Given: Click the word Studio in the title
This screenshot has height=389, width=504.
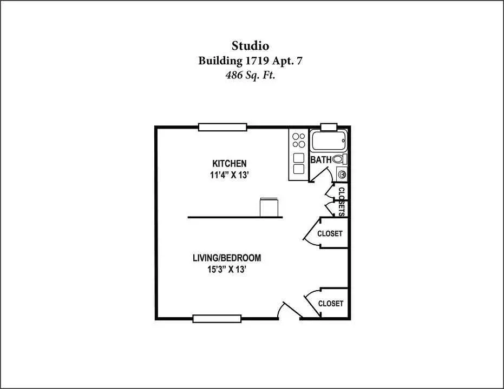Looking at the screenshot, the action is (250, 46).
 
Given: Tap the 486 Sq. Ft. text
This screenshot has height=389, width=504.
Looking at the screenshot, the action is (250, 75).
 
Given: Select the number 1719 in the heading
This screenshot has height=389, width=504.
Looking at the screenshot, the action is (257, 61).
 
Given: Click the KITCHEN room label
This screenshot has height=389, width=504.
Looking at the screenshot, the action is (229, 164).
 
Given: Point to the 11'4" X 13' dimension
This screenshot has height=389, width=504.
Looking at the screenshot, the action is (230, 175).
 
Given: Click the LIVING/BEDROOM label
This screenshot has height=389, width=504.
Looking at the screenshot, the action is (227, 258).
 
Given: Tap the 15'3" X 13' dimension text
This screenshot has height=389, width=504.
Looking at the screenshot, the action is (227, 270).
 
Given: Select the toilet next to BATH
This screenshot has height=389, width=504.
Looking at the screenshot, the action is (340, 159).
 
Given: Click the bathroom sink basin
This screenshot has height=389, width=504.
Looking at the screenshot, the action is (342, 175).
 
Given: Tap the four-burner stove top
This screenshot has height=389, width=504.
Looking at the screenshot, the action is (299, 140).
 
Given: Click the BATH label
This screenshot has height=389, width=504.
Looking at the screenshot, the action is (321, 160).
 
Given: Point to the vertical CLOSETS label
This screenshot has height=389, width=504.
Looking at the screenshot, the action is (342, 202).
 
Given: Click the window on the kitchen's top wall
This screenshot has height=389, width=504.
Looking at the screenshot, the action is (222, 128).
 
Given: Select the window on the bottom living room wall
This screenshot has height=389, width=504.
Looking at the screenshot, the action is (217, 318).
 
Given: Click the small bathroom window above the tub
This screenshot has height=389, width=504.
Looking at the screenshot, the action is (329, 126).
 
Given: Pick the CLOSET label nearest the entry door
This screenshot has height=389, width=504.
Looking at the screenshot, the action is (330, 304).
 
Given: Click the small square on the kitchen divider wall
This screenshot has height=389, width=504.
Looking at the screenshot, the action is (269, 207).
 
